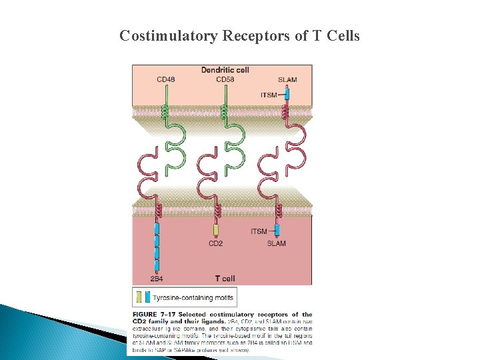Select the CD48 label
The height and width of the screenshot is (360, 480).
(x=166, y=80)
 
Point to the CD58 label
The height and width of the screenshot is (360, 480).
(x=225, y=80)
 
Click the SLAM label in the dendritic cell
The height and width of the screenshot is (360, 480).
(x=287, y=80)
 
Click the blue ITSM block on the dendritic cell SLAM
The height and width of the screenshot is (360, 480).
(x=287, y=95)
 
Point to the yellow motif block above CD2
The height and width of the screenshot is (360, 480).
(x=215, y=231)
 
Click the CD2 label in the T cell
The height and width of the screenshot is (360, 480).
(x=215, y=243)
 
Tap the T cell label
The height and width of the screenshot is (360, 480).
(x=224, y=278)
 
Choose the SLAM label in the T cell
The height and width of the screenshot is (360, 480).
(x=276, y=243)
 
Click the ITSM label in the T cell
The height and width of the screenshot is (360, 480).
(x=259, y=231)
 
